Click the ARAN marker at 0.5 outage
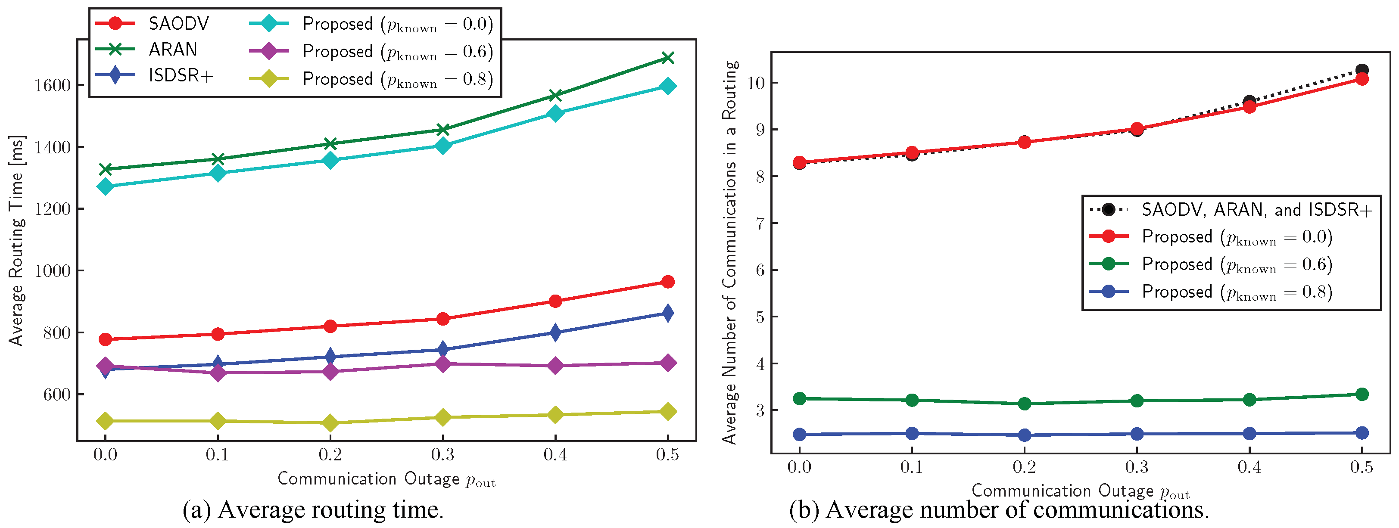pos(667,58)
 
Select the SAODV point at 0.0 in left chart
pos(106,339)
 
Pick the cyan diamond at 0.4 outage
pos(555,113)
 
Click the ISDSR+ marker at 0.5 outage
pos(667,313)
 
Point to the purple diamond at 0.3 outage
pos(442,363)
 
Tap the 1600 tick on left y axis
pos(52,86)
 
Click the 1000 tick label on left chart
pos(52,271)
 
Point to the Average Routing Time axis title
pos(16,240)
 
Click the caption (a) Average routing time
pos(313,510)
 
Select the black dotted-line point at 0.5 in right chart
pos(1362,70)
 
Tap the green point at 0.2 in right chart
pos(1024,403)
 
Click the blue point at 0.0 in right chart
pos(799,434)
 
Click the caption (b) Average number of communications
pos(999,510)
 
